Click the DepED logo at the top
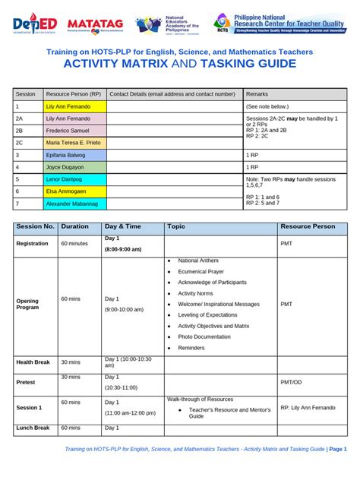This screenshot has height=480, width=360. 36,25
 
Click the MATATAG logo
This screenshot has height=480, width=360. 98,25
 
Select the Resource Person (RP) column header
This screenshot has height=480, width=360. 73,93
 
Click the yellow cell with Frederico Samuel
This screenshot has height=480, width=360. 74,130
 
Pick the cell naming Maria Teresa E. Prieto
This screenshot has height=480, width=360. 74,142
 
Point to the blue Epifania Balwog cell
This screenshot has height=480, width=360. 74,154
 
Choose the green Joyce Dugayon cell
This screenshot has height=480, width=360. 74,166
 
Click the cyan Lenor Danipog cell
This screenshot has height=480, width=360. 74,179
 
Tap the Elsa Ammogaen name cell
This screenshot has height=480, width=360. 74,191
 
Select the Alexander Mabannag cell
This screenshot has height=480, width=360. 74,204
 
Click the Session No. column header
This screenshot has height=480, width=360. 35,226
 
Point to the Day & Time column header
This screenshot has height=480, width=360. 123,226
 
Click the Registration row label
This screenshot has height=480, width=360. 33,244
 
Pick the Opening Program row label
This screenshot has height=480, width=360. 27,304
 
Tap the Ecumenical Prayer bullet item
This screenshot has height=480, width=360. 201,271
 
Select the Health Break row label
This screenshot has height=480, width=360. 33,362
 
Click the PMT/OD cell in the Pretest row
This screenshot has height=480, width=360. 291,383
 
